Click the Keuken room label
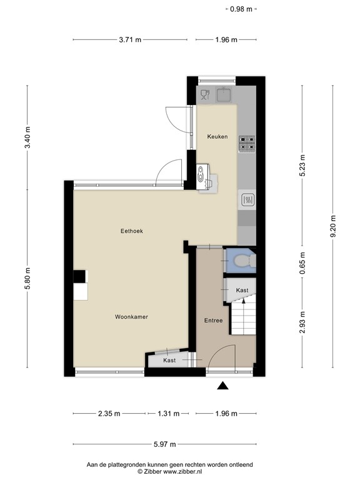pos(217,136)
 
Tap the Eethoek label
pos(132,231)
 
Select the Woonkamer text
pos(131,317)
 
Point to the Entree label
pos(213,320)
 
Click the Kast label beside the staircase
pos(242,290)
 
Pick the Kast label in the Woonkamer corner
pos(169,361)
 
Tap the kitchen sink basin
pos(224,95)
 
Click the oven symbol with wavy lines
pos(247,200)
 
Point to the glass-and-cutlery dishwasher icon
pos(205,95)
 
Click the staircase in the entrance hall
pos(243,319)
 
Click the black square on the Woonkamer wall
pos(80,276)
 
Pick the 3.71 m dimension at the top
pos(129,40)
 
